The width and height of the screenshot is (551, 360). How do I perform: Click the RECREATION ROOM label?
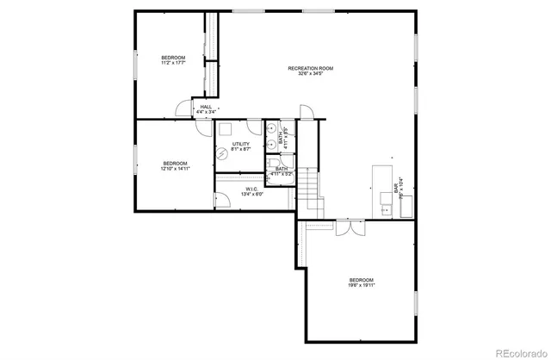click(x=310, y=68)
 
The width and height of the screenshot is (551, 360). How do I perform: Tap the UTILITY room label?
click(x=240, y=144)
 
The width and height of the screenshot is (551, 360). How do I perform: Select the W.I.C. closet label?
click(x=253, y=189)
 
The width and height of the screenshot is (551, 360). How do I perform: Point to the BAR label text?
click(x=395, y=188)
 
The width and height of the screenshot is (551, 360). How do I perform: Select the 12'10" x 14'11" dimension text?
click(x=176, y=169)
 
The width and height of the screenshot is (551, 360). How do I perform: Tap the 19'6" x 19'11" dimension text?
click(x=362, y=285)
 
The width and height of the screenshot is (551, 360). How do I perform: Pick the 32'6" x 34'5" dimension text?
click(x=310, y=74)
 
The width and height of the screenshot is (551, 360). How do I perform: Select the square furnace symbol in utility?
click(x=226, y=130)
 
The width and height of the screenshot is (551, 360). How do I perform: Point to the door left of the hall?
click(x=183, y=109)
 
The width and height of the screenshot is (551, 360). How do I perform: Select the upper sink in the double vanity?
click(x=270, y=130)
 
